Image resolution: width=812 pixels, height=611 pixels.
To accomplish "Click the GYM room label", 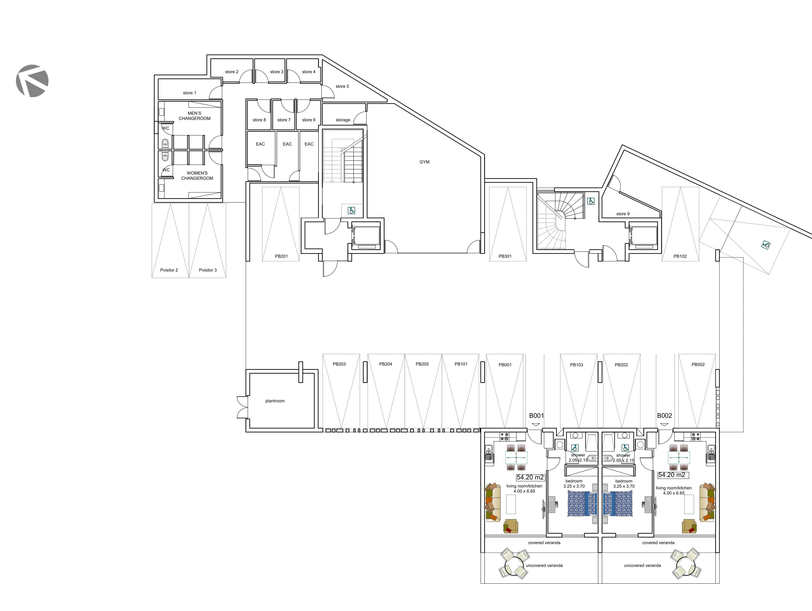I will [x=424, y=162].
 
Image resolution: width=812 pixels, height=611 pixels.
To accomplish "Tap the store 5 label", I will [x=342, y=86].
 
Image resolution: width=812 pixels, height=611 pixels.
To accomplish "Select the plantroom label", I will [x=275, y=401].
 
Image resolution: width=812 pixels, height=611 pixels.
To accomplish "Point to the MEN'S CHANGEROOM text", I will [x=194, y=116].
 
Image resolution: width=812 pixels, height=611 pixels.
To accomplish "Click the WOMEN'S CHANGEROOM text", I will [x=197, y=176].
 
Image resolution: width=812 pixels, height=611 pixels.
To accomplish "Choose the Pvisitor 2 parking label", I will [x=169, y=270].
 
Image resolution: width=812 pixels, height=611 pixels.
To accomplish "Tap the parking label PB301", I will [x=505, y=256].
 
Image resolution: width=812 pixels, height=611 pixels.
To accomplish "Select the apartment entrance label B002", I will [x=664, y=416].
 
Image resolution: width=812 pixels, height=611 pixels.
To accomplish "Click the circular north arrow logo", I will [x=32, y=80].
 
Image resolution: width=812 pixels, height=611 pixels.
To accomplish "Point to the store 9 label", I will [x=623, y=214].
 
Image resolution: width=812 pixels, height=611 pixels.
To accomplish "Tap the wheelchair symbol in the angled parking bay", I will [x=766, y=245].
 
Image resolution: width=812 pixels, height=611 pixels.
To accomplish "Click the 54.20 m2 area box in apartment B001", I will [x=530, y=477].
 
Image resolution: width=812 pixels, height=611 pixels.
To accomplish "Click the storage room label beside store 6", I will [x=343, y=120].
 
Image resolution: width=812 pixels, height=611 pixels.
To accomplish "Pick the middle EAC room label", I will [x=287, y=144].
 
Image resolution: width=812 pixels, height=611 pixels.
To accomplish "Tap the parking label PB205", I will [x=422, y=364].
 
